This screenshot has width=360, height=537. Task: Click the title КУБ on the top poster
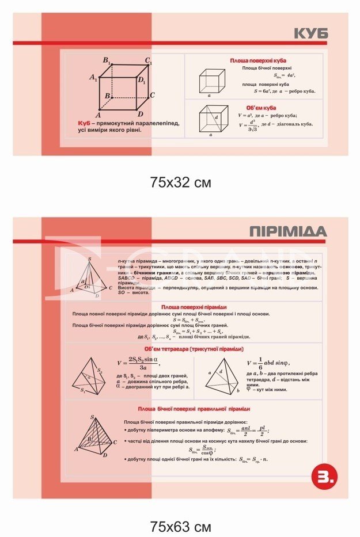tap(309, 33)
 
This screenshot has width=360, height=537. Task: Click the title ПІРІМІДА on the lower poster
tap(288, 232)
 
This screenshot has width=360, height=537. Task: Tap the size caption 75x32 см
tap(180, 182)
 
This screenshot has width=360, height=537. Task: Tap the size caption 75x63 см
tap(180, 526)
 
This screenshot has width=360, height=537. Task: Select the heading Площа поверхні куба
tap(258, 60)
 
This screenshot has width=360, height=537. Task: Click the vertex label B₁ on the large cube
tap(107, 60)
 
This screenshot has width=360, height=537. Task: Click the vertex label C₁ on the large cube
tap(149, 60)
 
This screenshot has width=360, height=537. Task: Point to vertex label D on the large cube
tap(140, 114)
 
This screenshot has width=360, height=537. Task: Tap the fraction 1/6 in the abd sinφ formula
tap(260, 363)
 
